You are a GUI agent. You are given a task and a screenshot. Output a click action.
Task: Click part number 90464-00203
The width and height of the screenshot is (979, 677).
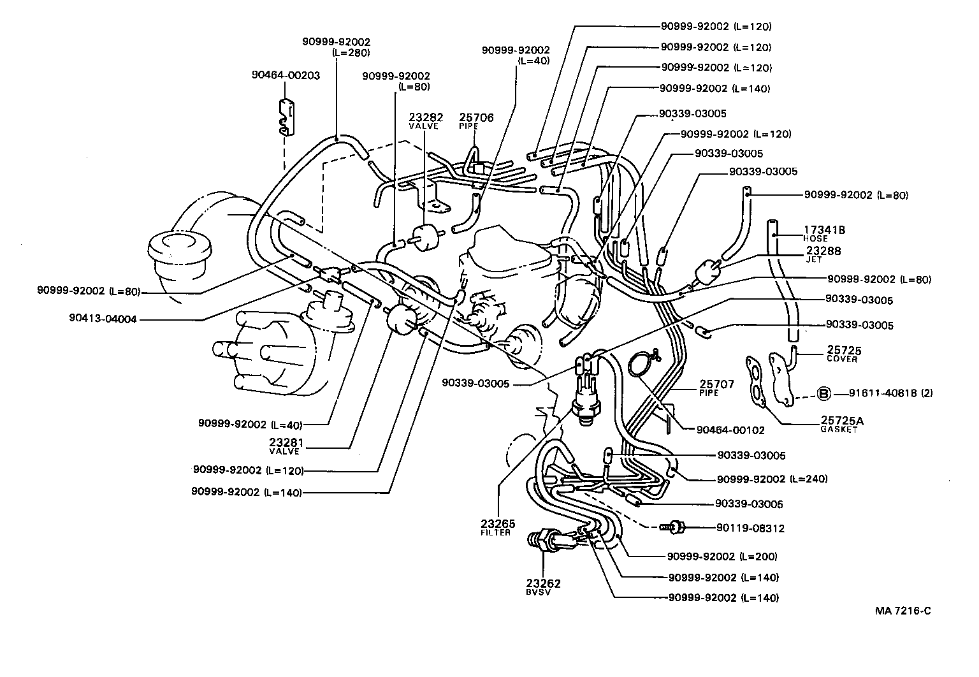(x=286, y=75)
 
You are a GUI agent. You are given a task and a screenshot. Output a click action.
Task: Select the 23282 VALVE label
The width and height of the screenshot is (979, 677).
(x=425, y=121)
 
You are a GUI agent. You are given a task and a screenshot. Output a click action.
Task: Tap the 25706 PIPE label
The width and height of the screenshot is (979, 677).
(x=476, y=121)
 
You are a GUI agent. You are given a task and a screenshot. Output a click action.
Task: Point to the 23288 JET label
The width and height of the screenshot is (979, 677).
(x=822, y=254)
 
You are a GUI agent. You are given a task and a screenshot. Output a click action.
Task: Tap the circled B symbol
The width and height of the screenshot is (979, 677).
(x=823, y=393)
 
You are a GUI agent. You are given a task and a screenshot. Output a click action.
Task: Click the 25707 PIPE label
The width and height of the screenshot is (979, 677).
(x=717, y=388)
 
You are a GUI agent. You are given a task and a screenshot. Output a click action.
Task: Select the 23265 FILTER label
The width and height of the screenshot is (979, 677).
(x=498, y=527)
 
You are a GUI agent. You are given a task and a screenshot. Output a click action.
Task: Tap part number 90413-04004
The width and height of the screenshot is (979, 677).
(x=103, y=319)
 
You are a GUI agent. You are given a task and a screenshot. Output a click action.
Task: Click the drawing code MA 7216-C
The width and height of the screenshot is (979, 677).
(x=903, y=611)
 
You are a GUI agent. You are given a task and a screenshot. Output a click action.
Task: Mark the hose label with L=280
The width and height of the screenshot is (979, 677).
(x=336, y=47)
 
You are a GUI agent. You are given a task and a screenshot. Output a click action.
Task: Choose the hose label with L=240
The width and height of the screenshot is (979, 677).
(x=772, y=479)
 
